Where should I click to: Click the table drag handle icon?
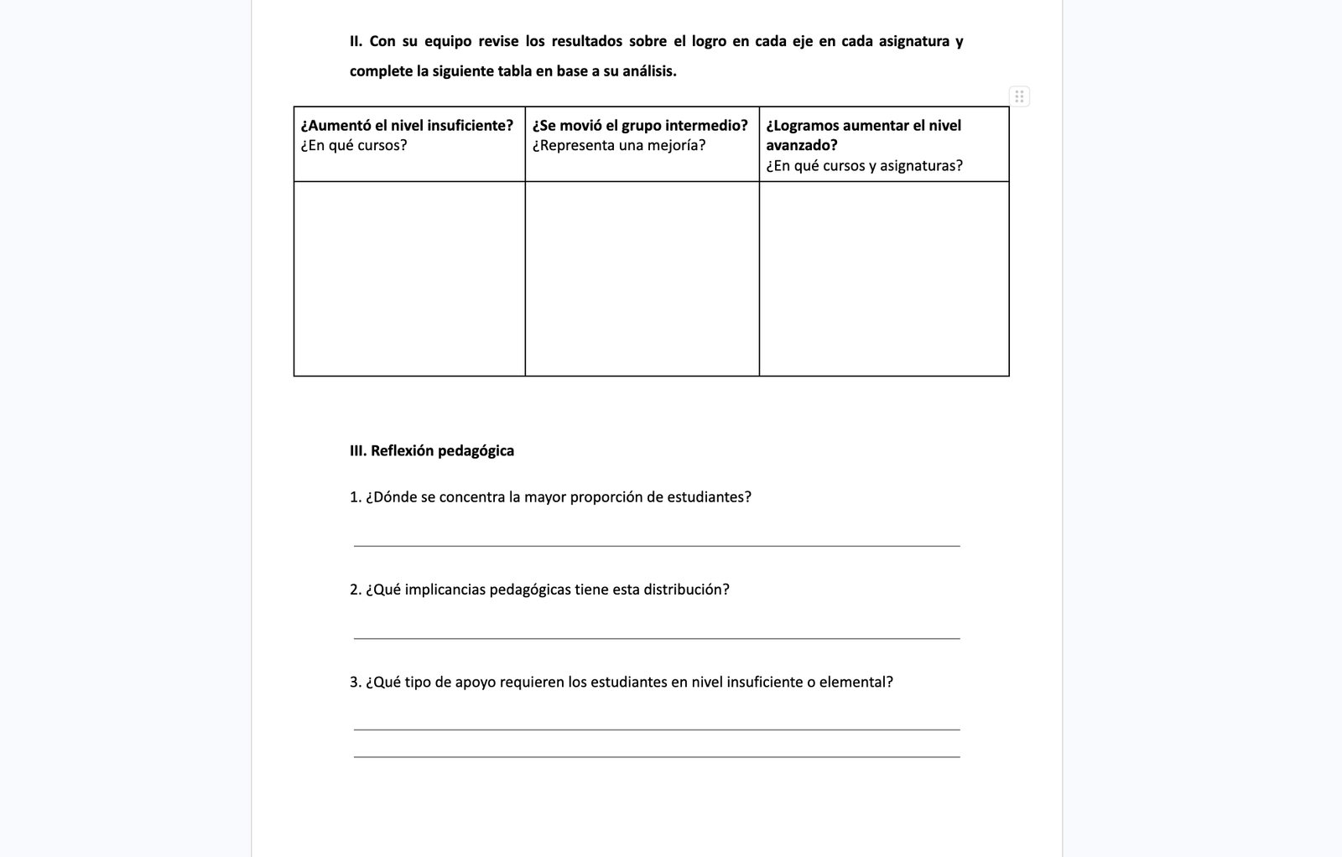1019,96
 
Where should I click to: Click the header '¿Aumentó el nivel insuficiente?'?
407,126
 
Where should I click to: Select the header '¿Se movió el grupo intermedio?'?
640,126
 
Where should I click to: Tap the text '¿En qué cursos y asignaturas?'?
864,166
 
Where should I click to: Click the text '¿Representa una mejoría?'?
619,146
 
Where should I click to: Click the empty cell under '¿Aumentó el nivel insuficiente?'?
409,278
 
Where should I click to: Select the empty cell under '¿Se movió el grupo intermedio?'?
642,278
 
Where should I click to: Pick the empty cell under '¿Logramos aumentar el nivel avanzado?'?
884,278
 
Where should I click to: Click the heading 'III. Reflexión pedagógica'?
432,451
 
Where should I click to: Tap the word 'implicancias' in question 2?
445,590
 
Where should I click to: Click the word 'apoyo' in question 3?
476,683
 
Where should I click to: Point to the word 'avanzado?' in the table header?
802,146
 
